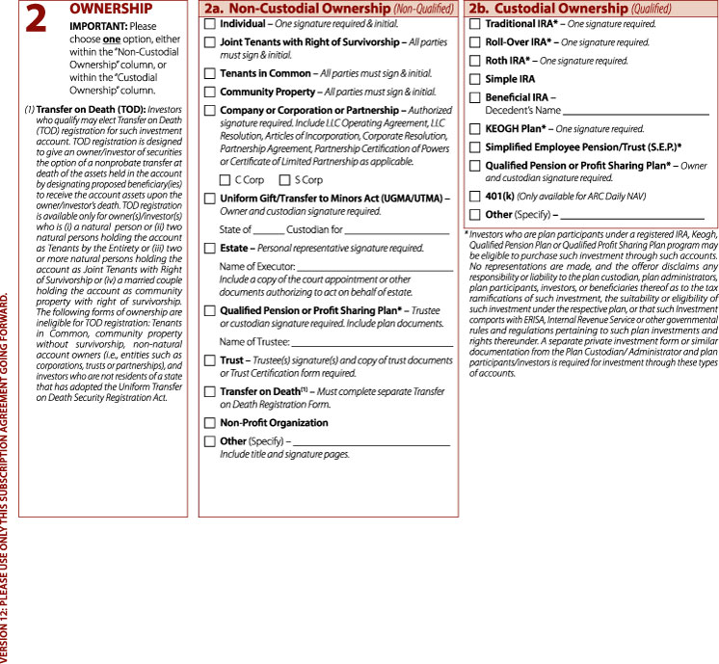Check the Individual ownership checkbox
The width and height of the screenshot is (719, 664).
coord(211,22)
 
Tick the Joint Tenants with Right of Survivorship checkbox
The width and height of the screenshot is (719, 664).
coord(211,43)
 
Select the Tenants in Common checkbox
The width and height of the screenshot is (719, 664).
coord(211,74)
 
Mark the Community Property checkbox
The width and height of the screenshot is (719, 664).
coord(211,93)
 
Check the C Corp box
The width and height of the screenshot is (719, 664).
coord(226,180)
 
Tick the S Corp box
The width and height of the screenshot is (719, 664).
coord(284,180)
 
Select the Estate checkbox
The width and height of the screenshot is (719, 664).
coord(211,249)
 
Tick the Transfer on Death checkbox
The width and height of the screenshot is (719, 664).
coord(211,393)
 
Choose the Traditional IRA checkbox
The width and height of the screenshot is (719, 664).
coord(475,22)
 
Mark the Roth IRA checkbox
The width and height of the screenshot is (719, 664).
coord(475,61)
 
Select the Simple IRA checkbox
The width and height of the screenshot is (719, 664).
coord(475,80)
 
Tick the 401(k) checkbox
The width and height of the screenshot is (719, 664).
coord(475,196)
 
